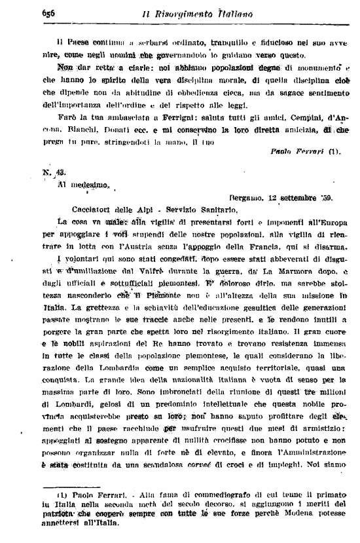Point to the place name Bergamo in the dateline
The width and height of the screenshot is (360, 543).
click(250, 197)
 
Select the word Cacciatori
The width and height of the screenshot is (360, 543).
click(79, 210)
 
